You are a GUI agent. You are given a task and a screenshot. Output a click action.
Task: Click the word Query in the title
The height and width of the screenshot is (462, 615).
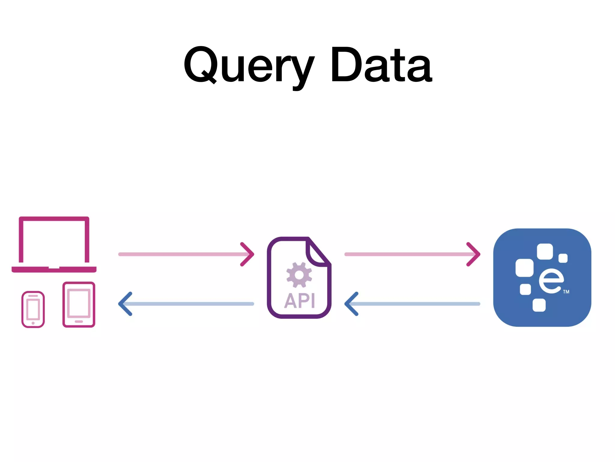coord(249,65)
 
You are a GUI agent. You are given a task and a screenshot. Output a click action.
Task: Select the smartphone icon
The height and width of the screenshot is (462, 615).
coord(33,309)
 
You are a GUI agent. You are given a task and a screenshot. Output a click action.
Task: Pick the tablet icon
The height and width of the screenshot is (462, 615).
coord(79,304)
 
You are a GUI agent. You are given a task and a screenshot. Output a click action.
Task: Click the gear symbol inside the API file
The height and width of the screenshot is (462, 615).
coord(299,275)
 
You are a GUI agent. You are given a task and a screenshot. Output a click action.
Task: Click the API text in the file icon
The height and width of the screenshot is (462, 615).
coord(300,301)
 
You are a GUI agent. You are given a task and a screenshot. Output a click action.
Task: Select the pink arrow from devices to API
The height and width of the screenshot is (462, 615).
coord(186,254)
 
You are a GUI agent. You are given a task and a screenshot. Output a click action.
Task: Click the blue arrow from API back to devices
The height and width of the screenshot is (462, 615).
coord(186,304)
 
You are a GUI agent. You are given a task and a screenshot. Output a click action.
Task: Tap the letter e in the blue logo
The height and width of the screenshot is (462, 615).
coord(551,281)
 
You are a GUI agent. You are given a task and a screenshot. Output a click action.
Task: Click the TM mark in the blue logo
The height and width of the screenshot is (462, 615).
coord(566,292)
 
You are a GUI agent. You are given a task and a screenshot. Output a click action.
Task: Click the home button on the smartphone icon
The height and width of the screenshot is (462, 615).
coord(33,323)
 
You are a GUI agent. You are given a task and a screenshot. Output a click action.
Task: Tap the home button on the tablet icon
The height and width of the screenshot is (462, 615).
coord(79,322)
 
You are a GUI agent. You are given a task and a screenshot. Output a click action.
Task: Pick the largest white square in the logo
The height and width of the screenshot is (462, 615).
coord(524,268)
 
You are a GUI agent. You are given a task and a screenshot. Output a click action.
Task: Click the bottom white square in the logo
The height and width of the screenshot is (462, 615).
coord(539,305)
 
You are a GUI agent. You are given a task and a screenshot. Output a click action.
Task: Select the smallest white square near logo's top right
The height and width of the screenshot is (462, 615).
coord(563,258)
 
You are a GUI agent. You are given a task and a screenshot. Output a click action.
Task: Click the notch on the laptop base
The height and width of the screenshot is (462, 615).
coord(54,268)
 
